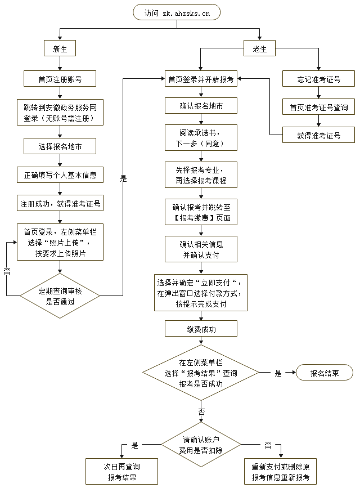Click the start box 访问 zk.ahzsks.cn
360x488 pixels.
tap(176, 12)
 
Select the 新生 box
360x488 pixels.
tap(60, 49)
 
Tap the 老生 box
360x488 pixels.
tap(259, 49)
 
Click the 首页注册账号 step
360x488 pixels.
tap(60, 79)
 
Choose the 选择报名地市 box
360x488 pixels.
tap(60, 146)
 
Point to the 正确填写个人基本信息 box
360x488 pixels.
tap(60, 174)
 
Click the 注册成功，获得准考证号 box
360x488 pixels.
tap(60, 203)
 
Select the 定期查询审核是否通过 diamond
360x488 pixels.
tap(60, 296)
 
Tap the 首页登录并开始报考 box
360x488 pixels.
tap(201, 79)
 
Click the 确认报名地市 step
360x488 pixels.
tap(201, 106)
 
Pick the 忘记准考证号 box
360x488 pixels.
tap(318, 79)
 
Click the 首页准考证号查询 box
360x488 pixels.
tap(318, 107)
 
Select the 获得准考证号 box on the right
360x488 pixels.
tap(318, 135)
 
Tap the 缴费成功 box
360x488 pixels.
tap(201, 329)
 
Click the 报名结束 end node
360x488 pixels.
tap(324, 373)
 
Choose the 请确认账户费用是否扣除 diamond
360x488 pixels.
tap(201, 444)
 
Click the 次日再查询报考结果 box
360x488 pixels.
tap(121, 472)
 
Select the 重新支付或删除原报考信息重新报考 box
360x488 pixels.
tap(280, 472)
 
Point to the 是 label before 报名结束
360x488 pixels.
tap(278, 373)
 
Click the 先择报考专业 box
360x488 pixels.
tap(201, 174)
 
